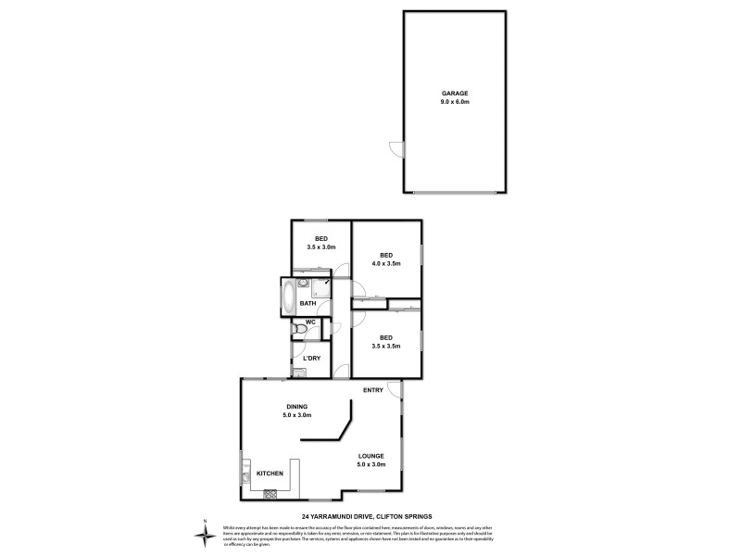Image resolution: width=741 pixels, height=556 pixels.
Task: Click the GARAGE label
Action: tap(455, 94)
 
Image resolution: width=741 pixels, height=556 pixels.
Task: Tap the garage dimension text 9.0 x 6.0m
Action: tap(455, 102)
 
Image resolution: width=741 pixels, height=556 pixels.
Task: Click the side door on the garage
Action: tap(396, 148)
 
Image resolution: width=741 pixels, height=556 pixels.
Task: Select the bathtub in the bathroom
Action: tap(288, 297)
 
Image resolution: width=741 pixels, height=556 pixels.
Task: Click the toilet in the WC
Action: tap(297, 329)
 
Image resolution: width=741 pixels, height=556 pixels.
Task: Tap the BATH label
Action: tap(308, 303)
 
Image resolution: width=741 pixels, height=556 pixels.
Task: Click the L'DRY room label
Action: tap(311, 358)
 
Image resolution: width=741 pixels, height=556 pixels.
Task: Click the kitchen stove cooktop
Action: tap(270, 493)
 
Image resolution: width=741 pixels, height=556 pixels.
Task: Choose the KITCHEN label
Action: tap(270, 474)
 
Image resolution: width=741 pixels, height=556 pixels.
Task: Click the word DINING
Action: tap(296, 407)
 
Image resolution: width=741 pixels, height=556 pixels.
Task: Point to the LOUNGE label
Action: tap(371, 456)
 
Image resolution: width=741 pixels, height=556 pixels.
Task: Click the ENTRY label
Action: tap(373, 390)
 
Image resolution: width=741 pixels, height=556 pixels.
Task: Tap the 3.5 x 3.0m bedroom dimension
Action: tap(320, 246)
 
